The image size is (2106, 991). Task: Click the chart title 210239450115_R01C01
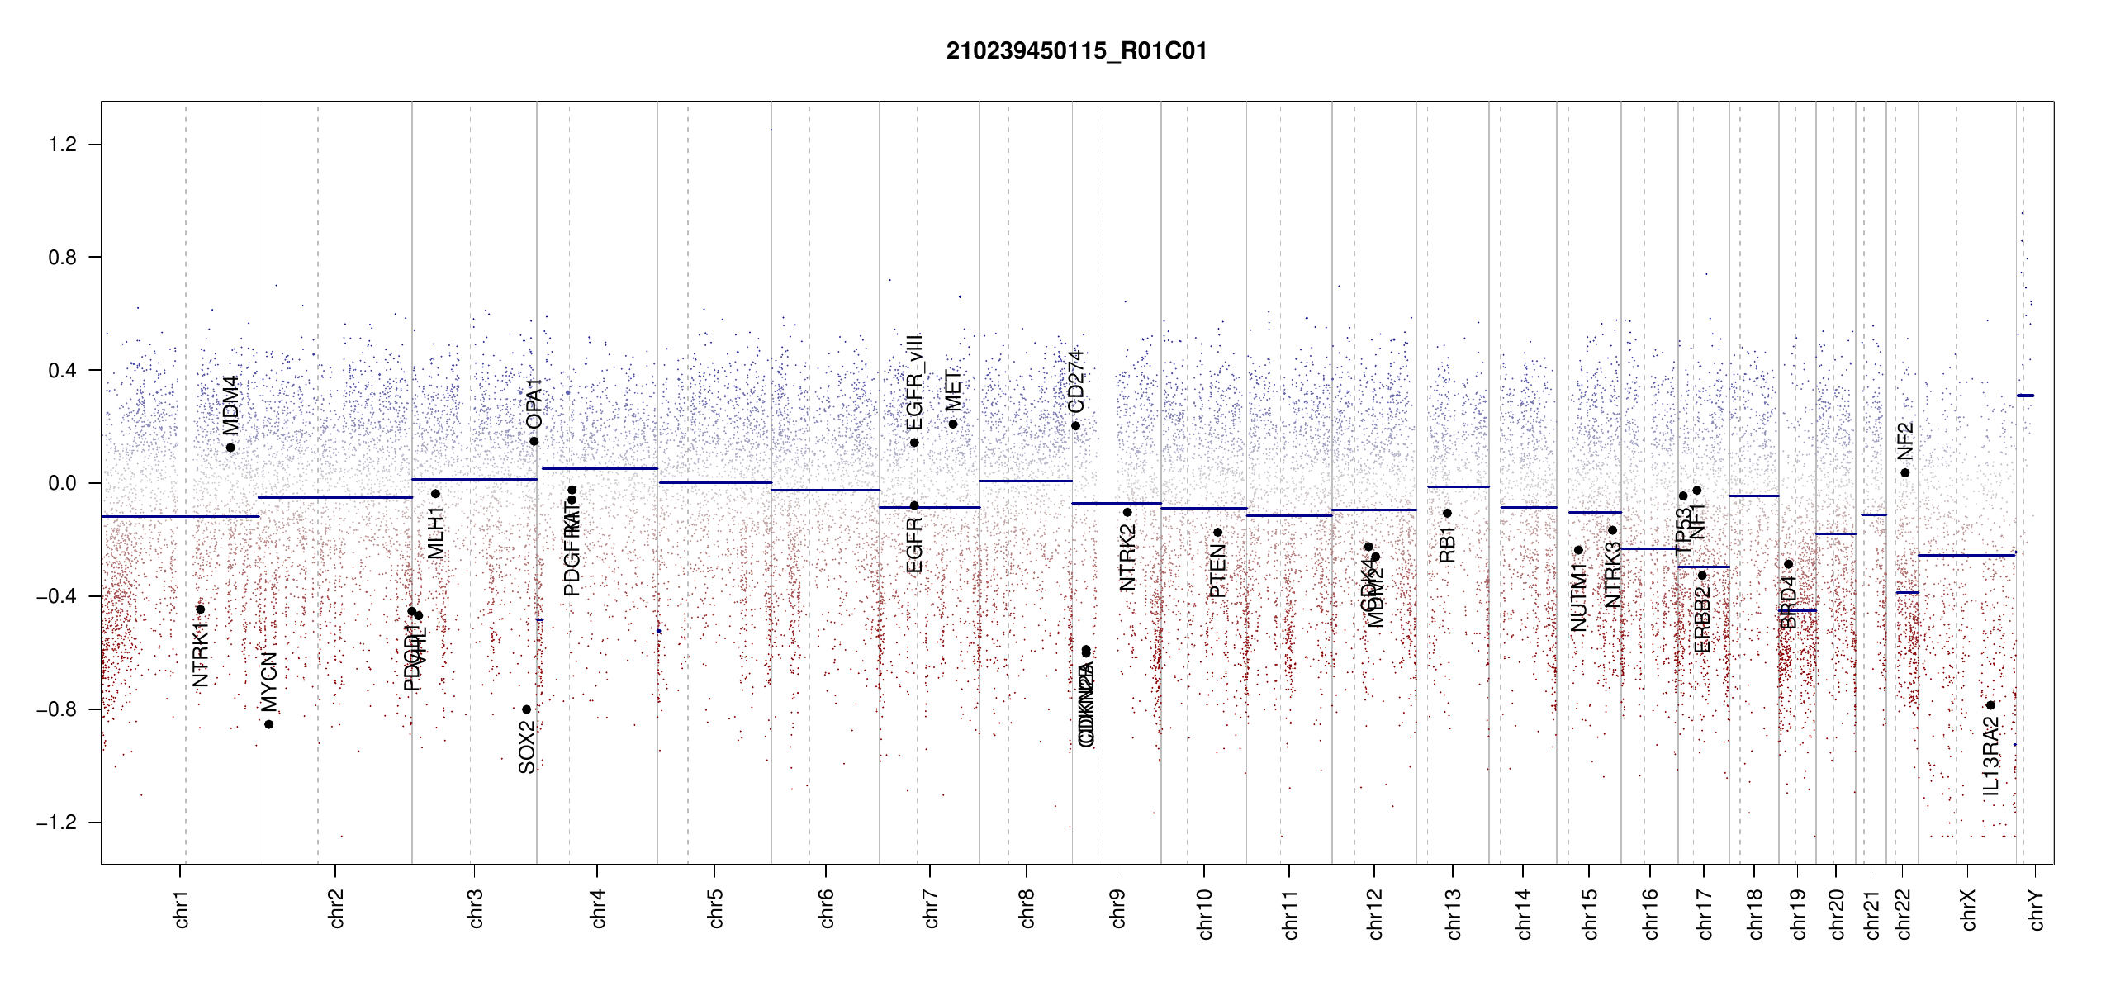click(x=1076, y=51)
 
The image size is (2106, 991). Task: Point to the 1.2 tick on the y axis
click(x=63, y=145)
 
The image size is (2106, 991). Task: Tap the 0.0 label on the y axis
click(x=63, y=483)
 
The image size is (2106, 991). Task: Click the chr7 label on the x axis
click(x=931, y=908)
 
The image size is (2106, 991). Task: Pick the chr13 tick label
click(x=1454, y=913)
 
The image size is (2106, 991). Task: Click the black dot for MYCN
click(x=268, y=724)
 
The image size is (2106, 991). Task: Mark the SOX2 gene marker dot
click(x=526, y=709)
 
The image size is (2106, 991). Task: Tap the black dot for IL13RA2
click(x=1990, y=705)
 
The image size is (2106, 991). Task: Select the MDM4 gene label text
click(x=230, y=405)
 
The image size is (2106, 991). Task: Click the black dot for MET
click(x=952, y=424)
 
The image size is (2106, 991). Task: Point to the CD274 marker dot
click(x=1075, y=426)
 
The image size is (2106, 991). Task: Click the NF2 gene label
click(x=1904, y=441)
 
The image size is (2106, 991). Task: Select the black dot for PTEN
click(x=1217, y=533)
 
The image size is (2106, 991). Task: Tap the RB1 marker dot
click(x=1447, y=513)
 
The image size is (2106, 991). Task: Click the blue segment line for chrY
click(x=2025, y=396)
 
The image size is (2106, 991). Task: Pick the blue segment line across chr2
click(x=335, y=497)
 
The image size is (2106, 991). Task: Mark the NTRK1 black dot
click(x=200, y=609)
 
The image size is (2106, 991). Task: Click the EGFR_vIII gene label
click(x=914, y=382)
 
